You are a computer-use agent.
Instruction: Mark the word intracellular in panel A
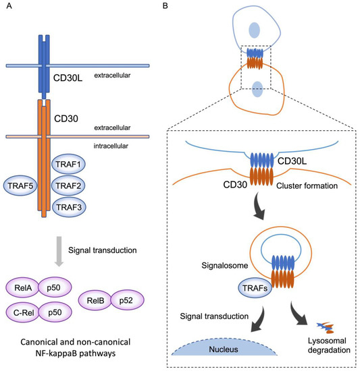point(112,145)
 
